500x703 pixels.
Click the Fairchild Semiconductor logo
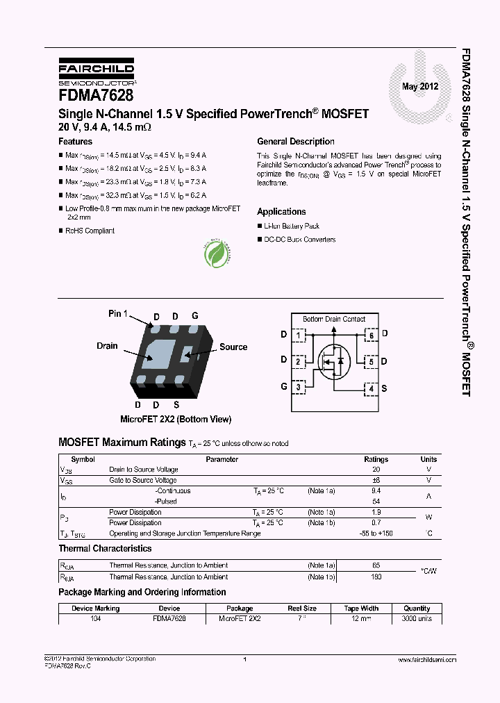pos(96,72)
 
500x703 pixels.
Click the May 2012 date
pos(420,87)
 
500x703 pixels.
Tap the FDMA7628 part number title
pos(96,95)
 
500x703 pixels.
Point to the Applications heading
pos(281,212)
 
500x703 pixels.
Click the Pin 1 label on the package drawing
pos(118,314)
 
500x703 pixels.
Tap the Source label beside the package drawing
pos(233,347)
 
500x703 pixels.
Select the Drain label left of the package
pos(107,346)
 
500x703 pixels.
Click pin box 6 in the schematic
pos(372,336)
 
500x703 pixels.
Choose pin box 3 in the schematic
pos(299,387)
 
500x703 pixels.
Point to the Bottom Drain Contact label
pos(334,320)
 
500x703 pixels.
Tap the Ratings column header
pos(376,460)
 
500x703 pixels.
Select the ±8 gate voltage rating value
pos(376,481)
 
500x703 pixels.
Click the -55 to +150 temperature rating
pos(376,534)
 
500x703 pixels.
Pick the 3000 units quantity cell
pos(417,618)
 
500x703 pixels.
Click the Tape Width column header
pos(361,609)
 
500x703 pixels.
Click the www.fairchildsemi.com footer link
pos(422,659)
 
